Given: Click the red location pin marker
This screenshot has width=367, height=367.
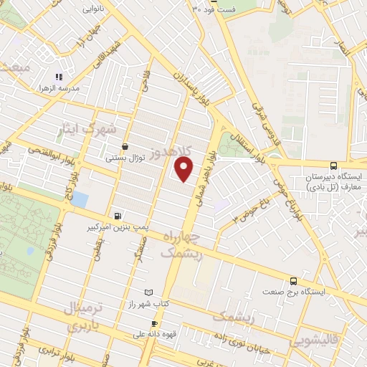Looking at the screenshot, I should point(184,168).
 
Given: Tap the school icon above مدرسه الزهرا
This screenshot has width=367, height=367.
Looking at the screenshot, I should point(59,76).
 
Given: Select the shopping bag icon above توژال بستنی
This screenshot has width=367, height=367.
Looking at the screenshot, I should point(125,146).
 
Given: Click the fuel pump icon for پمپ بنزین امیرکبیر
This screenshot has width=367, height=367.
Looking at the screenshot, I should point(118,215).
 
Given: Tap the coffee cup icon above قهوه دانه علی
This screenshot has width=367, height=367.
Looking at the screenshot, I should point(153,323).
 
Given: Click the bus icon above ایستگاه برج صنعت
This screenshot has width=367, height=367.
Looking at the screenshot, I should point(293,281).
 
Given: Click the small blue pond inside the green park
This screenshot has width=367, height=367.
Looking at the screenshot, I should point(29,252).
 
